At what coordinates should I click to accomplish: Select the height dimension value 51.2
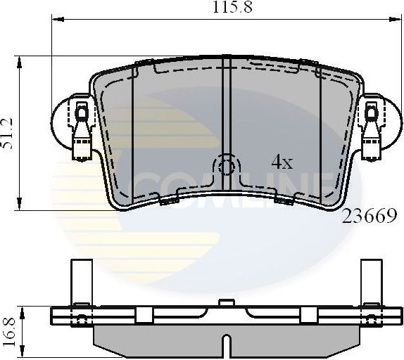click(8, 134)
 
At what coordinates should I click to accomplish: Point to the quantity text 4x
click(282, 162)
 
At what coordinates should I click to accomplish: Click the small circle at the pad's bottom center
click(227, 167)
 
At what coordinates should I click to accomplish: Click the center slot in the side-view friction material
click(226, 347)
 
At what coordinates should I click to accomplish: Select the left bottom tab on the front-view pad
click(168, 201)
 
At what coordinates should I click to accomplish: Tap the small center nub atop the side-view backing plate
click(226, 303)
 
